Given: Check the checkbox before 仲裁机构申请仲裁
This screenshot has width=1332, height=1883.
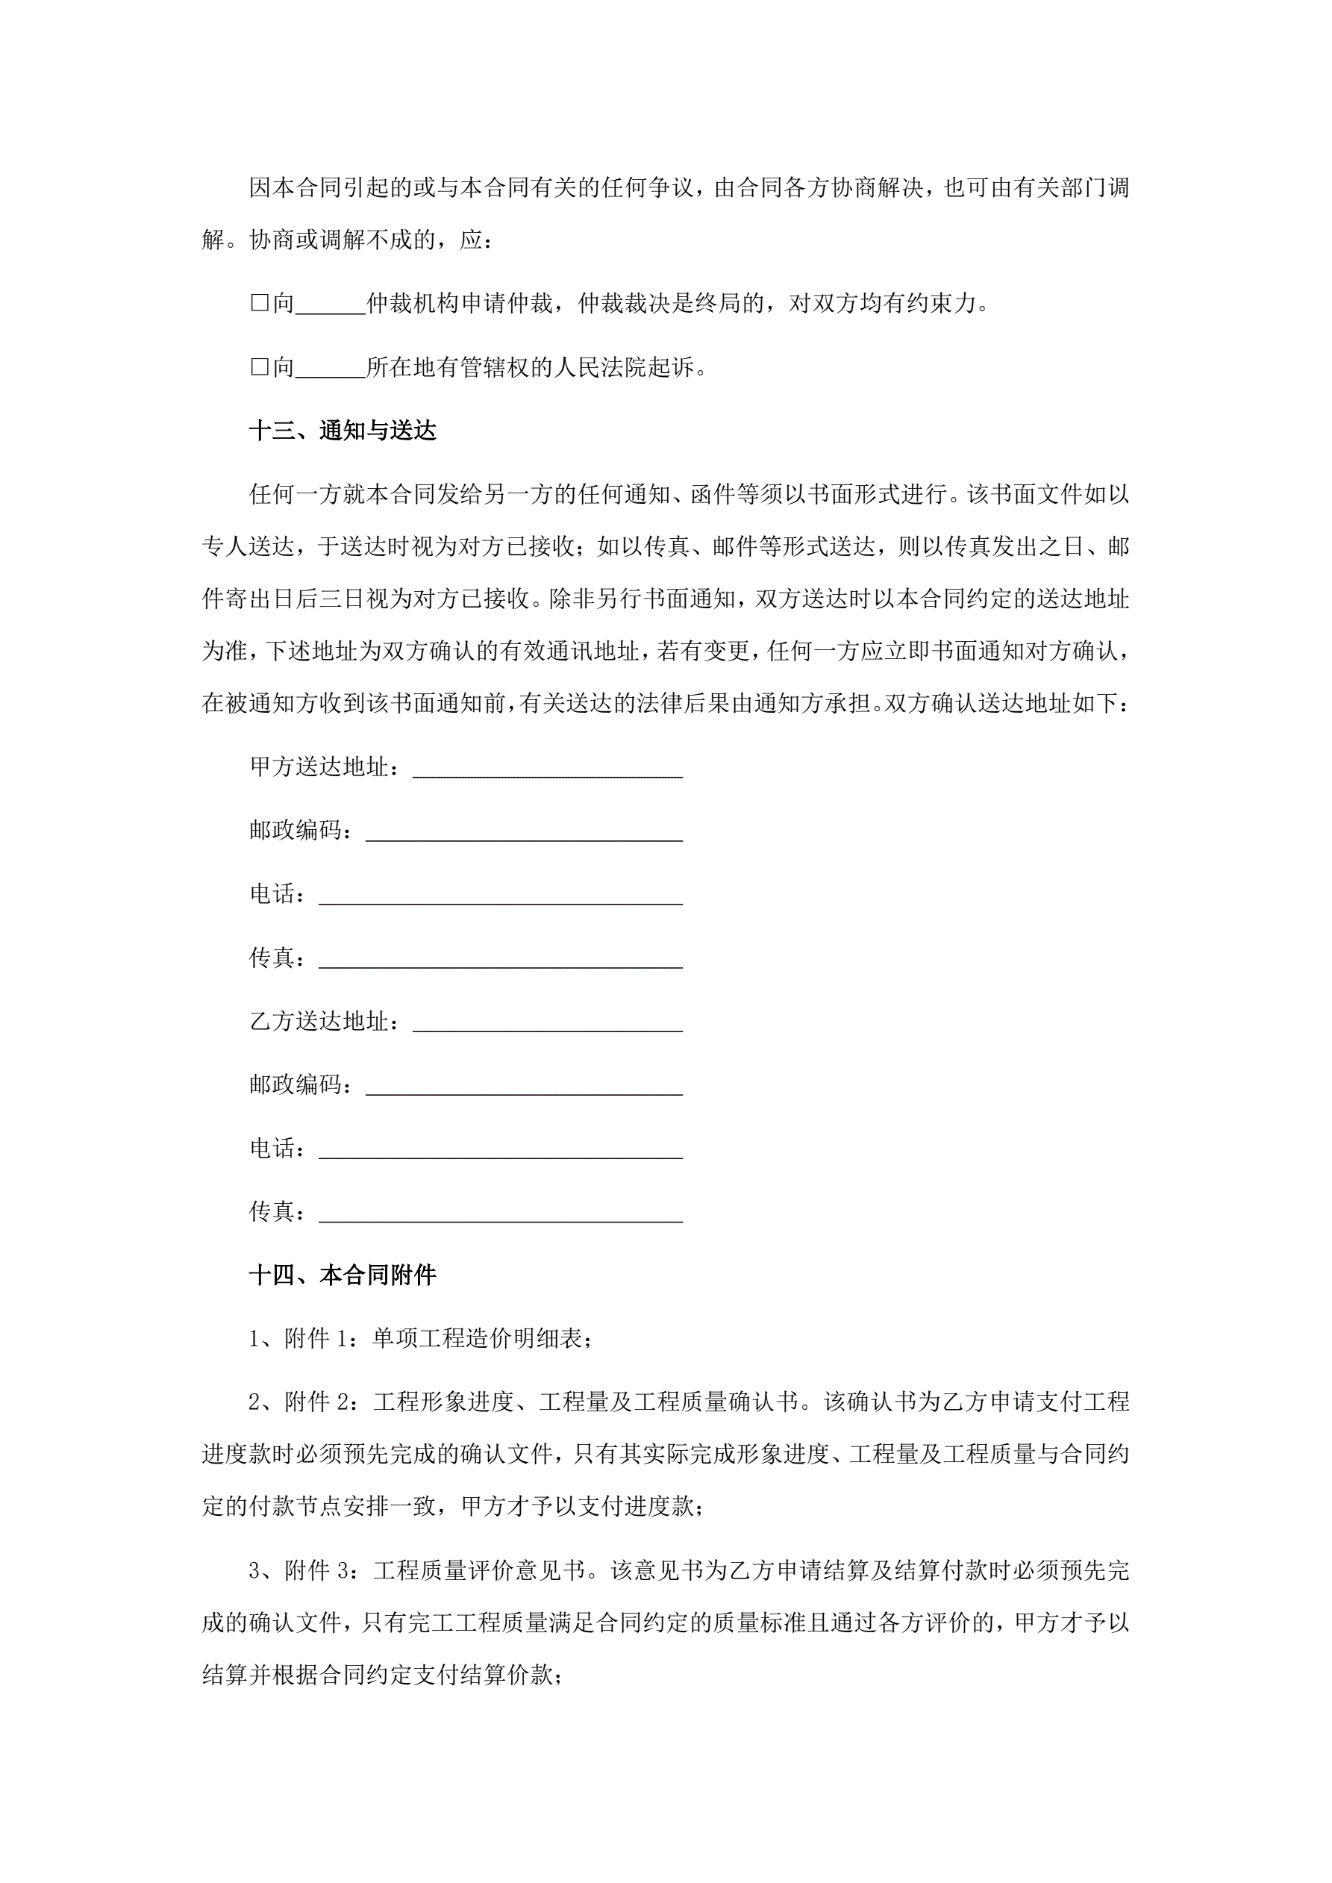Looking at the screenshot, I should coord(259,304).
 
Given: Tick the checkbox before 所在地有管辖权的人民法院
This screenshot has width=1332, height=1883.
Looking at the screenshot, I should coord(259,367).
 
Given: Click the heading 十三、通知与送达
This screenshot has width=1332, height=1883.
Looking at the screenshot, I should coord(342,431).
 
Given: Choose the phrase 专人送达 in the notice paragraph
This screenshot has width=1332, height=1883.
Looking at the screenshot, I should coord(248,546).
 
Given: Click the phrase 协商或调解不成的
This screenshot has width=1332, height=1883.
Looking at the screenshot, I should coord(341,240).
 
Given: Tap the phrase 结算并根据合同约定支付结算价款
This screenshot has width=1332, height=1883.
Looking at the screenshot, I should coord(378,1676).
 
